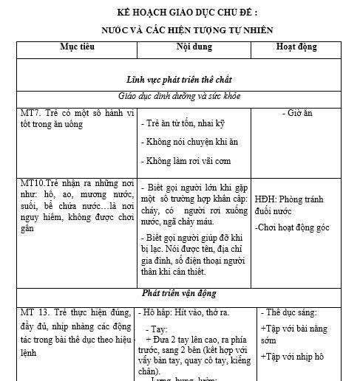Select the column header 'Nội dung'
pyautogui.click(x=194, y=47)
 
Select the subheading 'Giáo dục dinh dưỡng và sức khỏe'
pyautogui.click(x=180, y=96)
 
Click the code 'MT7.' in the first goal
pyautogui.click(x=32, y=113)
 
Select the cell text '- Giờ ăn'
pyautogui.click(x=297, y=113)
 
